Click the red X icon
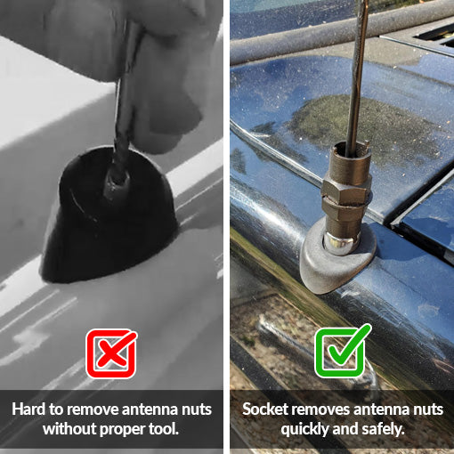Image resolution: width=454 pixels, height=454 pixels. (111, 353)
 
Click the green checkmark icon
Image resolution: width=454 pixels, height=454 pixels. (343, 353)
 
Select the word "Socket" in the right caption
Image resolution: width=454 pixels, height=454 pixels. (264, 409)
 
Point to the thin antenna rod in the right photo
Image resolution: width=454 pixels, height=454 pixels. (355, 71)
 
